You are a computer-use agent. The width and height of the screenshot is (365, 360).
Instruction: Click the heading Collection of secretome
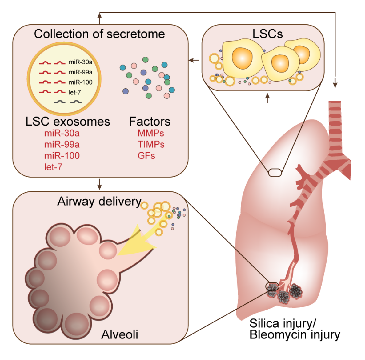pyautogui.click(x=99, y=34)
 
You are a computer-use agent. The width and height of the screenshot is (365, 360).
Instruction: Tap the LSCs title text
pyautogui.click(x=267, y=34)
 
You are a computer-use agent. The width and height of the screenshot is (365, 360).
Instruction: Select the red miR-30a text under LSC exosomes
pyautogui.click(x=62, y=133)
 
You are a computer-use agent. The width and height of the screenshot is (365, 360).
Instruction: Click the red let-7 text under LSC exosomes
pyautogui.click(x=53, y=167)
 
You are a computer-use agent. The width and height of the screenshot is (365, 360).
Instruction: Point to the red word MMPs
pyautogui.click(x=151, y=133)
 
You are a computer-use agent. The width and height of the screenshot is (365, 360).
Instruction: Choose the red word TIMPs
pyautogui.click(x=151, y=144)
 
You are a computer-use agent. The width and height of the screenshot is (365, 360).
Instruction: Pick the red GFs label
pyautogui.click(x=146, y=155)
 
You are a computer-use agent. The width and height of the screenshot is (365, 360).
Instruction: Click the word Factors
pyautogui.click(x=150, y=122)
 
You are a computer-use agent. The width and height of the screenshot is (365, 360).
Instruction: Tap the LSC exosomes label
pyautogui.click(x=68, y=122)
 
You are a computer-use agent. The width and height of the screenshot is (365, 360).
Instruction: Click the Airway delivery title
pyautogui.click(x=99, y=201)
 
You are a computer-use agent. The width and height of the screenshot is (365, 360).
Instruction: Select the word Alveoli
pyautogui.click(x=120, y=334)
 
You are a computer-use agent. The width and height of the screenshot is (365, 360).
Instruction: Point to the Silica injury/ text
pyautogui.click(x=283, y=323)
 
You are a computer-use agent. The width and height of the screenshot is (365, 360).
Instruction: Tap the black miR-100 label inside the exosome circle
pyautogui.click(x=80, y=82)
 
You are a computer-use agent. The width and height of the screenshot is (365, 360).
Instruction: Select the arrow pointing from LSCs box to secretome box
pyautogui.click(x=194, y=60)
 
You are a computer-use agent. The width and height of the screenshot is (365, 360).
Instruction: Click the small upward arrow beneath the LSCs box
pyautogui.click(x=267, y=98)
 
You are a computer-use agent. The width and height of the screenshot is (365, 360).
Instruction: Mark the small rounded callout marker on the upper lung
pyautogui.click(x=275, y=173)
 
